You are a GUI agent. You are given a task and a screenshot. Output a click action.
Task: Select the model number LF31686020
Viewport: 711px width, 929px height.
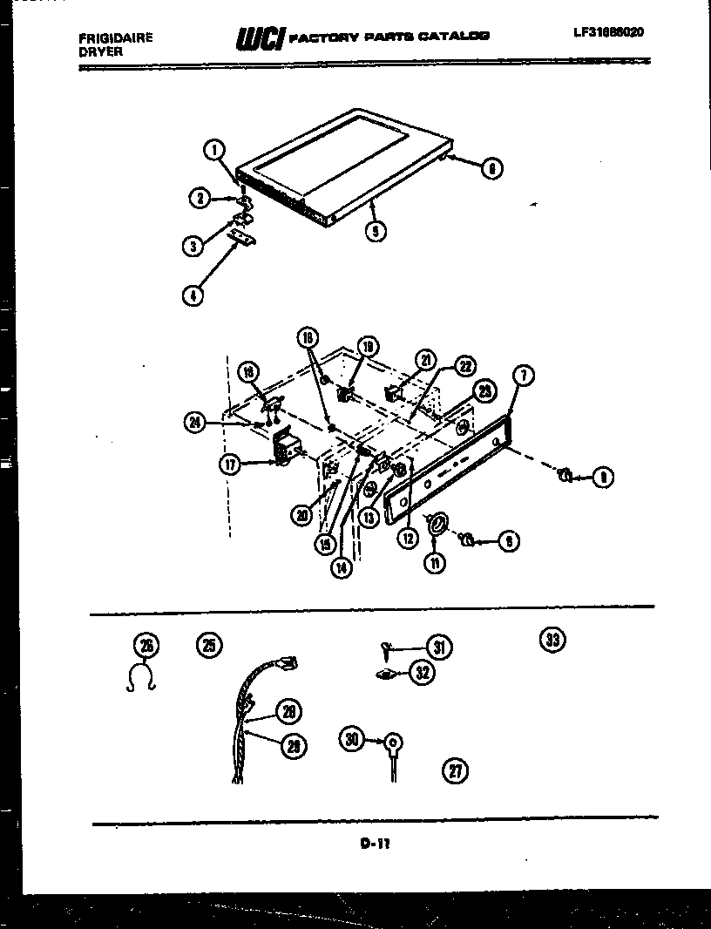[609, 32]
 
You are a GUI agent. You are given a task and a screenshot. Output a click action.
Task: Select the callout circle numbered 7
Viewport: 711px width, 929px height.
[523, 376]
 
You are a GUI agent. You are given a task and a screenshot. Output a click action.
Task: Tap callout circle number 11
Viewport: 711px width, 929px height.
[434, 562]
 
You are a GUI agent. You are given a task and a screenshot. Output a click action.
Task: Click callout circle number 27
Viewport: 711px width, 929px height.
[455, 769]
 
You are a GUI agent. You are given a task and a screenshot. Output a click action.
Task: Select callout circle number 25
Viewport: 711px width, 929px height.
[209, 645]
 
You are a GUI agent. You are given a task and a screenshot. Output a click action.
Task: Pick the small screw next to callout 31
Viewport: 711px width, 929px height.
[387, 648]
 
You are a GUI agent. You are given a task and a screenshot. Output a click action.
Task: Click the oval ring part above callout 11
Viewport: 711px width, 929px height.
[437, 522]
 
